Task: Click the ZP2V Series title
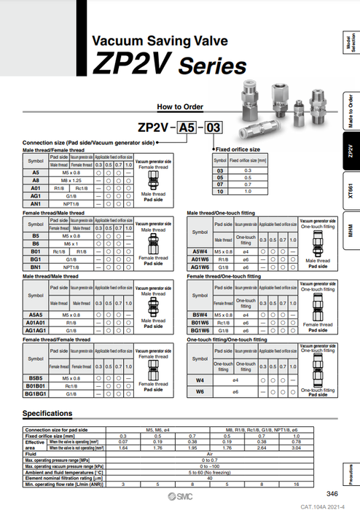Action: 169,66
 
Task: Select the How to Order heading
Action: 179,106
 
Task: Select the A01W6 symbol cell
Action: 200,258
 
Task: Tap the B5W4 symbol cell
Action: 200,315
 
